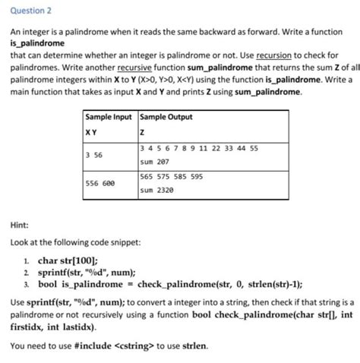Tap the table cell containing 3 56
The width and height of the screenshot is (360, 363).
[95, 154]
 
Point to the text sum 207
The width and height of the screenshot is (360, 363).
[156, 162]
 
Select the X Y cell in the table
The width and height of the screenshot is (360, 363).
[91, 131]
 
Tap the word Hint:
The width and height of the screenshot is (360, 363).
[19, 225]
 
